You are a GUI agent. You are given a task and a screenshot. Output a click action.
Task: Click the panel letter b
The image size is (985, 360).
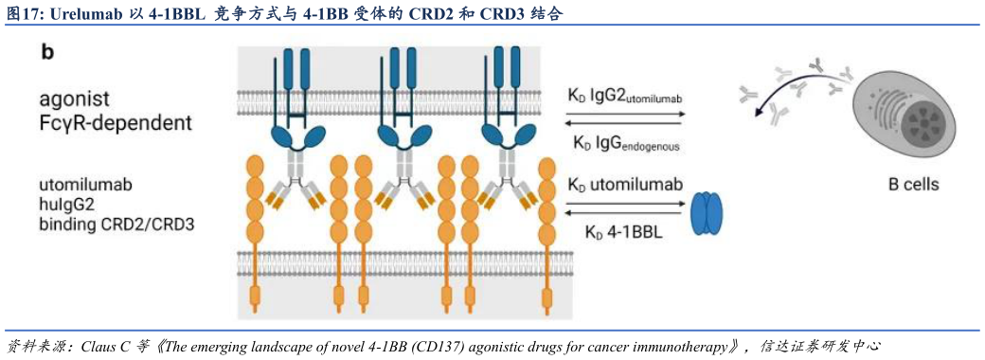pyautogui.click(x=47, y=53)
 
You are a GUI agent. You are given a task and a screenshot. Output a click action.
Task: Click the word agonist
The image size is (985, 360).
pyautogui.click(x=75, y=99)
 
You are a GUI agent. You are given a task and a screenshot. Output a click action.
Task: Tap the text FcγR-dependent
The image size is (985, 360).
pyautogui.click(x=116, y=123)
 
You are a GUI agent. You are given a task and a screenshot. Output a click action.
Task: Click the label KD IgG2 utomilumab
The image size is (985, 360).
pyautogui.click(x=625, y=96)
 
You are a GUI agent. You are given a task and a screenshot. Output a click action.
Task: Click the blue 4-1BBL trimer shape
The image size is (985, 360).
pyautogui.click(x=706, y=213)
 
